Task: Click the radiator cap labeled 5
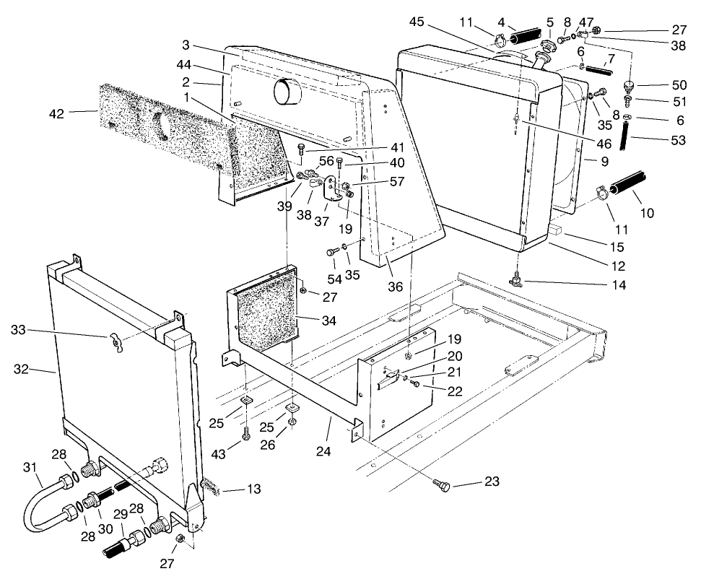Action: (x=546, y=48)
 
